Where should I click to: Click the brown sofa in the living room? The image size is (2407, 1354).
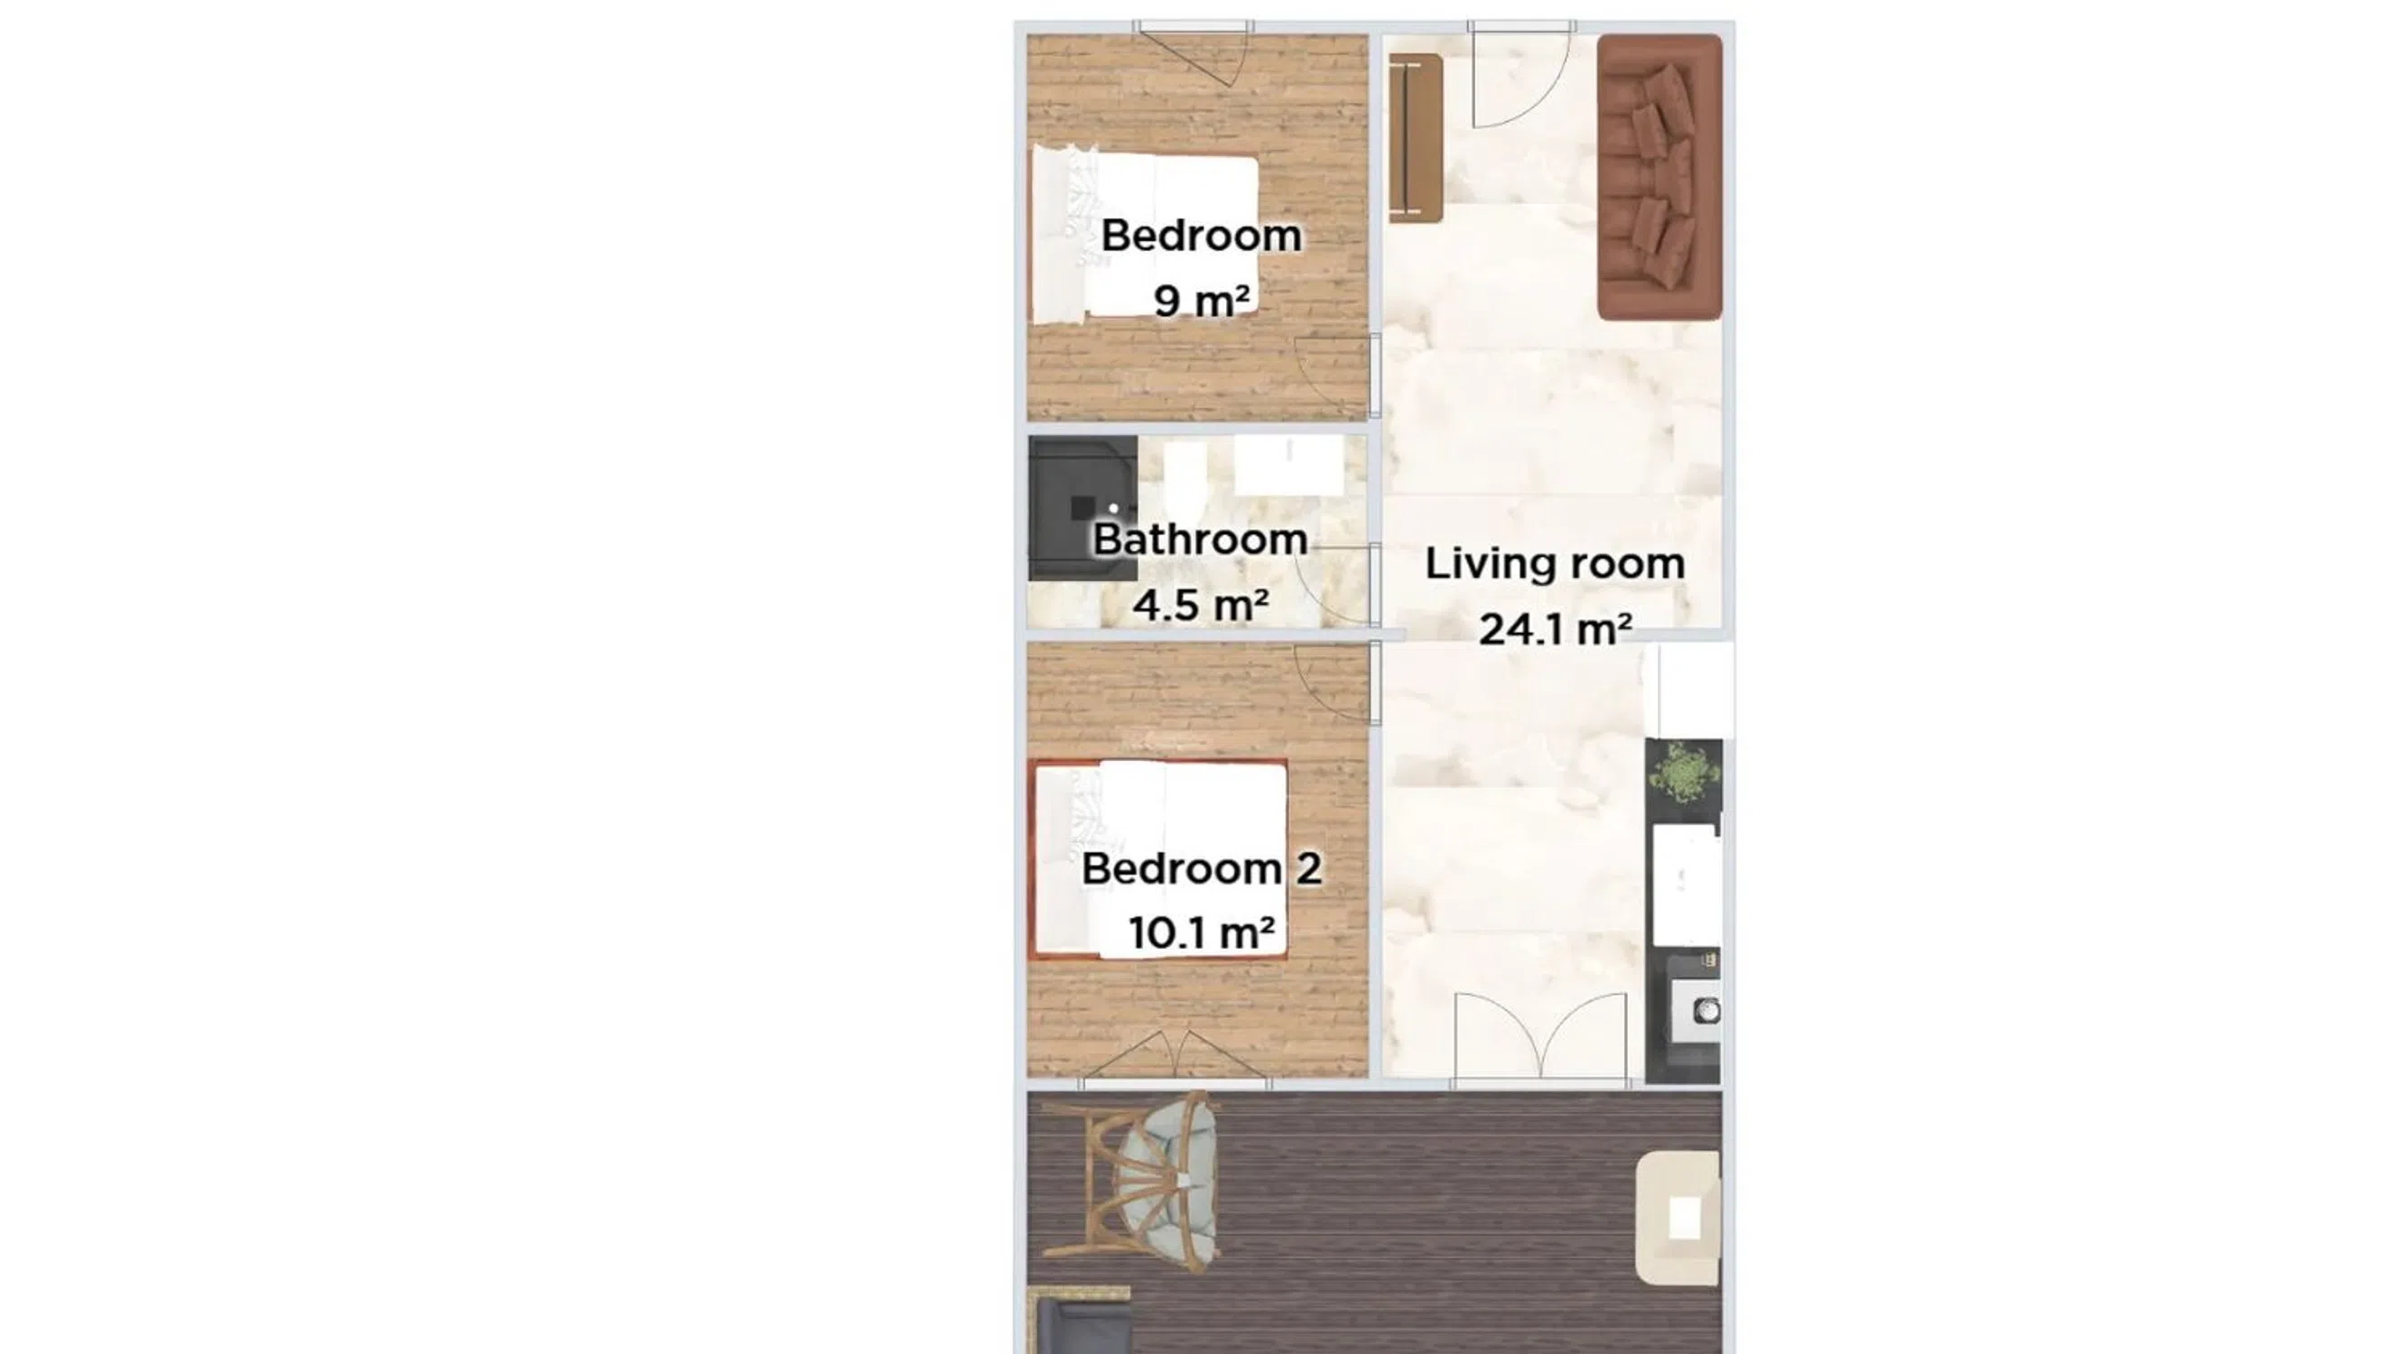(x=1659, y=178)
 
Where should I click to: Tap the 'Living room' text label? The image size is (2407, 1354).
(x=1555, y=563)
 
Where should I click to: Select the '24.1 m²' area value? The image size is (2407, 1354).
(x=1555, y=629)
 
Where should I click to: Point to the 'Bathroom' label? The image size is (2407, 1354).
(x=1200, y=539)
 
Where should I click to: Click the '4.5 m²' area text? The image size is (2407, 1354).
(x=1201, y=605)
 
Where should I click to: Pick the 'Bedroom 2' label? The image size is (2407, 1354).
(x=1202, y=868)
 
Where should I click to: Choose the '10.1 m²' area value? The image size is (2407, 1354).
(x=1202, y=932)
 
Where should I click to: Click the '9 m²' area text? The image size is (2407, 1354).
(x=1202, y=300)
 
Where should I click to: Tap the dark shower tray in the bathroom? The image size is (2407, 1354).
(x=1083, y=508)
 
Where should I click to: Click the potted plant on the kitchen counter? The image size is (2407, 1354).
(x=1685, y=774)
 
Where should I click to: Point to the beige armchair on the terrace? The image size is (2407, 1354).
(x=1678, y=1218)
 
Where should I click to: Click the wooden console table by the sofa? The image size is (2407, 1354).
(x=1415, y=137)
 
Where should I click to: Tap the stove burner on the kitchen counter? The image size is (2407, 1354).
(x=1708, y=1009)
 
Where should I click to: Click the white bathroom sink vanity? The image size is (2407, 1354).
(x=1289, y=466)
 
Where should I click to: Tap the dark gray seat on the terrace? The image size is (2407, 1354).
(x=1079, y=1326)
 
